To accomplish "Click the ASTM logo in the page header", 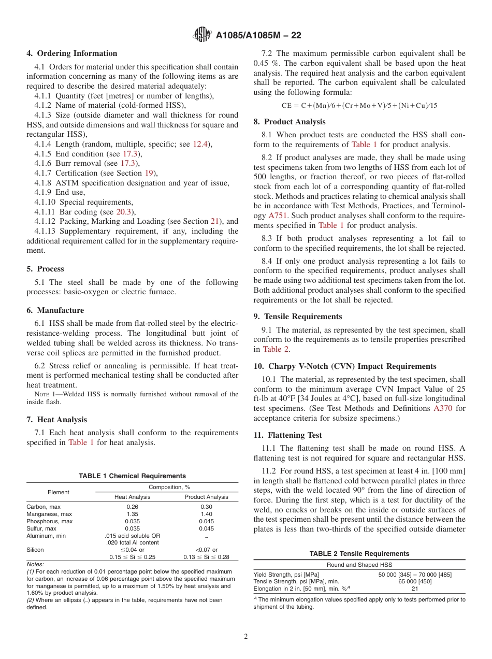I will pos(202,35).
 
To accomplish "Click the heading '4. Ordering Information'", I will pos(72,53).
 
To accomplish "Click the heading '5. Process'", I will pos(46,269).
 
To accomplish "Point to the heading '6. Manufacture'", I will pos(55,310).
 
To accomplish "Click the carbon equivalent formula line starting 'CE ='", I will pos(359,105).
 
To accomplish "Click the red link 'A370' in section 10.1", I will pos(442,408).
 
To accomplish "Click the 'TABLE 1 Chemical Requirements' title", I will pos(132,476).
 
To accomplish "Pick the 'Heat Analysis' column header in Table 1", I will pos(132,497).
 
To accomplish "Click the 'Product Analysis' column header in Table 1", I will pos(206,497).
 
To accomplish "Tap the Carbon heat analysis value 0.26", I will pos(132,507).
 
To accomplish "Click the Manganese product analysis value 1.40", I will pos(206,514).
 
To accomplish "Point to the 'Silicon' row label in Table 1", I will pos(35,550).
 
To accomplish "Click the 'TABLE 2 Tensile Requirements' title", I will pos(359,554).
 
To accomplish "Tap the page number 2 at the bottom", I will pos(246,637).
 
